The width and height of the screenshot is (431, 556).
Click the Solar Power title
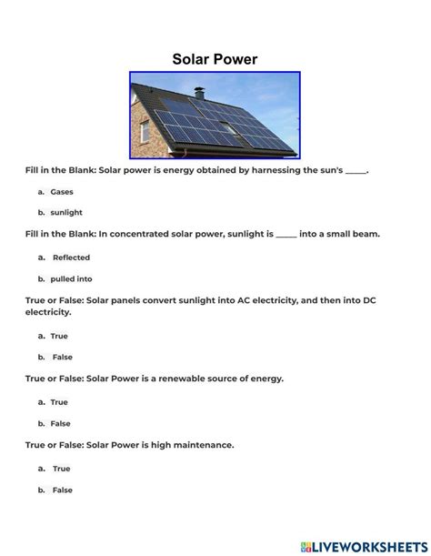coord(215,59)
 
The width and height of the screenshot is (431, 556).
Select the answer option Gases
coord(62,192)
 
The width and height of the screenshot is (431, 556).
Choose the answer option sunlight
coord(65,212)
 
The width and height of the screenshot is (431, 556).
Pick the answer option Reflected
coord(71,258)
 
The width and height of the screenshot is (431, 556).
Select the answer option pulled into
coord(72,278)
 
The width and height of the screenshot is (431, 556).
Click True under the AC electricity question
coord(59,336)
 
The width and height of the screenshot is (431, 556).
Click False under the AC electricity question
coord(61,357)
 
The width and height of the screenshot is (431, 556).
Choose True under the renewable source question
coord(59,401)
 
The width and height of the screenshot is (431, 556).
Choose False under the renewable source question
coord(60,423)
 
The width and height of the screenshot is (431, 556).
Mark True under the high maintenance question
coord(61,469)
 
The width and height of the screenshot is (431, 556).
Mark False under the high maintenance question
coord(62,490)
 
